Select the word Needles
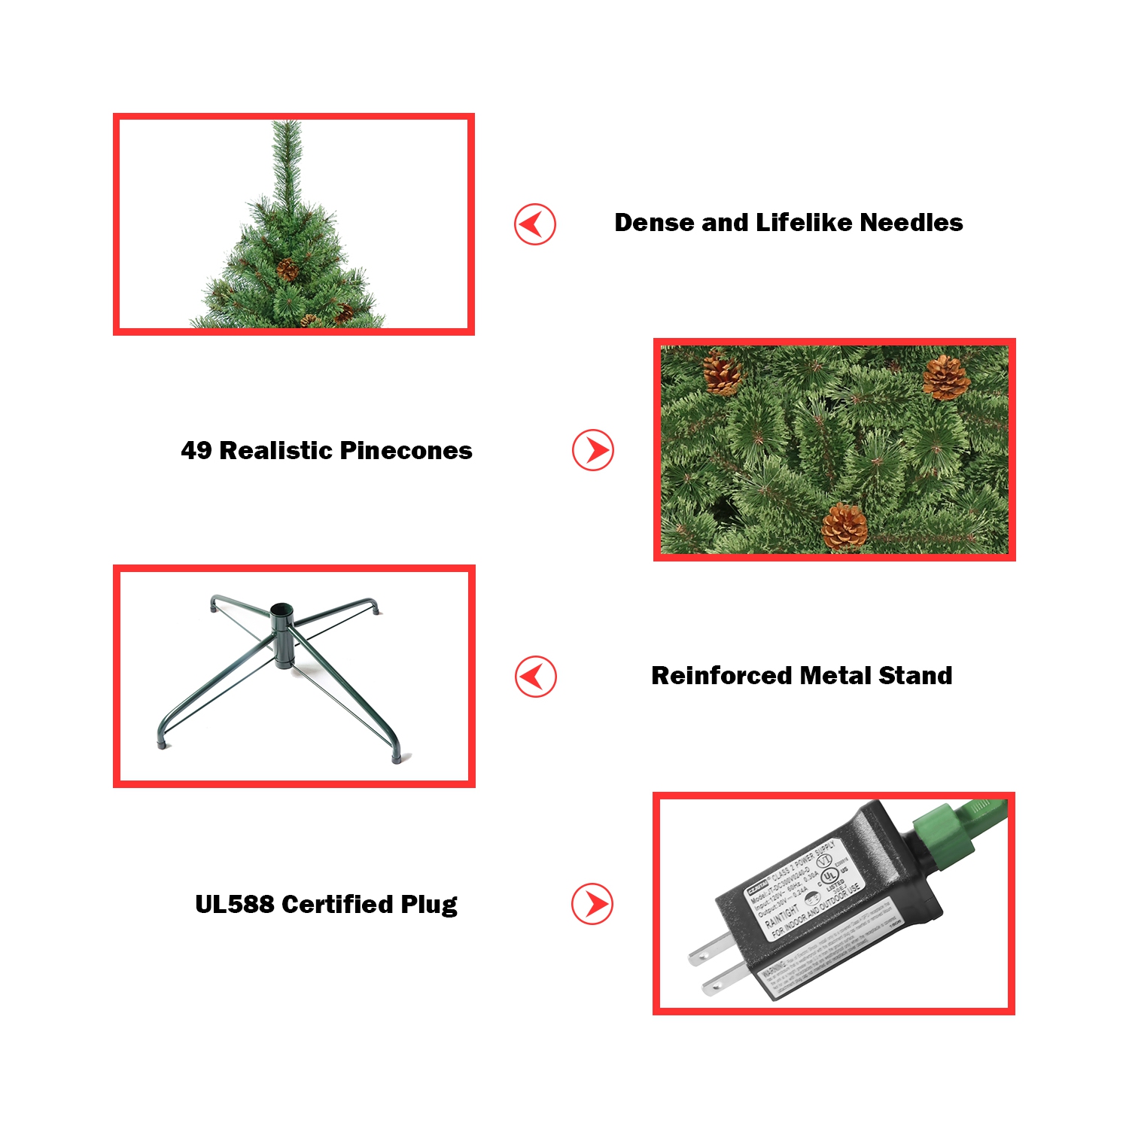pos(911,223)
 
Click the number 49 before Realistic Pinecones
pos(196,451)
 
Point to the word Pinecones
pos(406,451)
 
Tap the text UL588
pos(234,904)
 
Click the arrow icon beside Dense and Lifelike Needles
pos(535,224)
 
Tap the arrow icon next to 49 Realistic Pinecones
pos(593,451)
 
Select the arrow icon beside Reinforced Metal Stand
pos(535,677)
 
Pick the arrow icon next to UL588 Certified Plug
pos(592,904)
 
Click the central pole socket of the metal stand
pos(281,611)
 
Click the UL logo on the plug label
pos(829,875)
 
